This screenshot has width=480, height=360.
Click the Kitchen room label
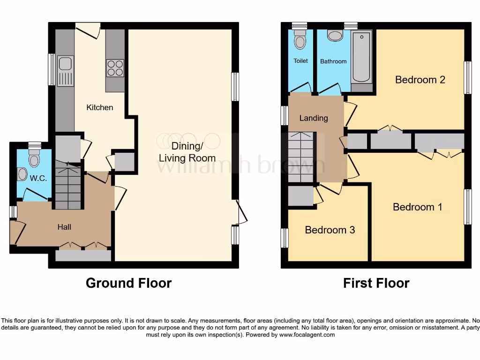100,107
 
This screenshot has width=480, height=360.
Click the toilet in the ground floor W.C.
34,159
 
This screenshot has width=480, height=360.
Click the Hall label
64,227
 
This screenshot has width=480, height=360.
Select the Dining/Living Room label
187,151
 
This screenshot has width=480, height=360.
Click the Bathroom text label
333,61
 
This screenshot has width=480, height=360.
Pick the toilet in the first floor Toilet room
300,41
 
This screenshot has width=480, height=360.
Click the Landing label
314,118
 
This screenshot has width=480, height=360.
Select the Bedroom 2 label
420,79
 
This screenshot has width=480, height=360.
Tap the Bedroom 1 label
417,207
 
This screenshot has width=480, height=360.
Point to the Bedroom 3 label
330,230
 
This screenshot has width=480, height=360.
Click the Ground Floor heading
128,283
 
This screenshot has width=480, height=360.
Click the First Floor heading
376,283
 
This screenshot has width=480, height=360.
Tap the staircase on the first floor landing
301,157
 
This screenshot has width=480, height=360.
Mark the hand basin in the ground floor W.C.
22,174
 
